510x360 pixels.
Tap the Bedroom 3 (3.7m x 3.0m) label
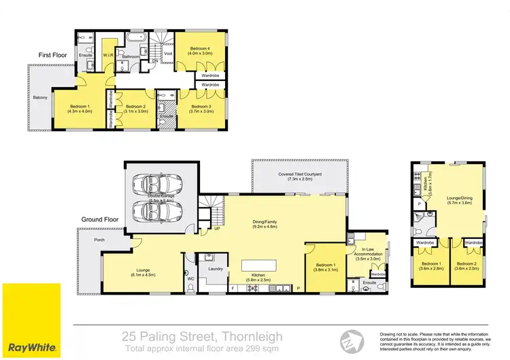coord(202,109)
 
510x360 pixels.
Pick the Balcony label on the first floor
coord(40,98)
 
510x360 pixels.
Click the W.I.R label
coord(107,56)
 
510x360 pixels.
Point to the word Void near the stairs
coord(168,51)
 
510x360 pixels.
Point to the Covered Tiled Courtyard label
coord(299,177)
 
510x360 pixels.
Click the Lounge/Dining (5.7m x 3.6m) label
coord(460,201)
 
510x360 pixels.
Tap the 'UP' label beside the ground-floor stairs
coord(217,229)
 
